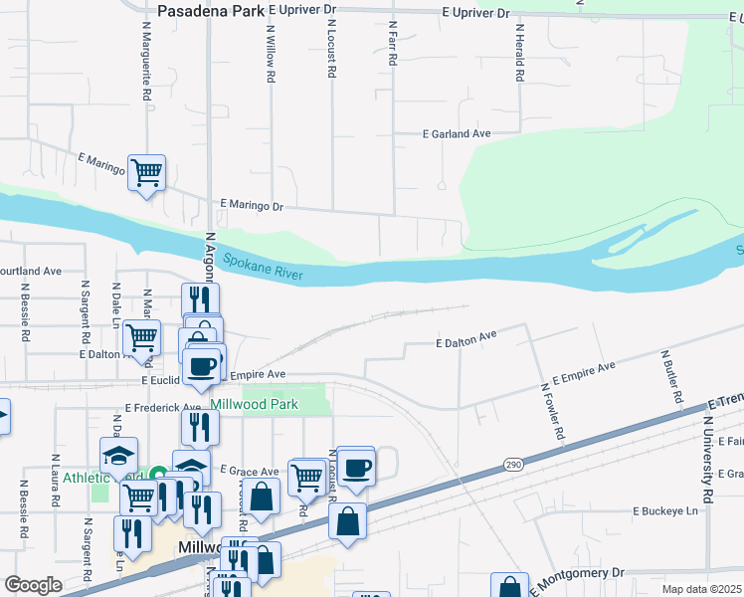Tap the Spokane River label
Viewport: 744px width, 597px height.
click(263, 265)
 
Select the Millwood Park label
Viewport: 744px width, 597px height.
click(254, 405)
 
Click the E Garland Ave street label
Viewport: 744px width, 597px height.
click(457, 133)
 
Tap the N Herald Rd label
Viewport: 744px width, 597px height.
click(518, 54)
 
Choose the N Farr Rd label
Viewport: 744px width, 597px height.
click(393, 44)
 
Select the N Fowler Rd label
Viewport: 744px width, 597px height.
click(552, 413)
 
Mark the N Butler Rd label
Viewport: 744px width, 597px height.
click(671, 377)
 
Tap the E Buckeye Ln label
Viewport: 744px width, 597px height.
click(666, 510)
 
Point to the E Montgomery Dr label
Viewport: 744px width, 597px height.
click(576, 576)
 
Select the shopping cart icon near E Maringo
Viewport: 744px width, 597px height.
click(147, 174)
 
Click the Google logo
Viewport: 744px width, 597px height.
click(33, 584)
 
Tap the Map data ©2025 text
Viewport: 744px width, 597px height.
click(700, 589)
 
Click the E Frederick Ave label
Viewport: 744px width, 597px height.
click(163, 408)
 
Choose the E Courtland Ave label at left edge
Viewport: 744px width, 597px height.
click(30, 270)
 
